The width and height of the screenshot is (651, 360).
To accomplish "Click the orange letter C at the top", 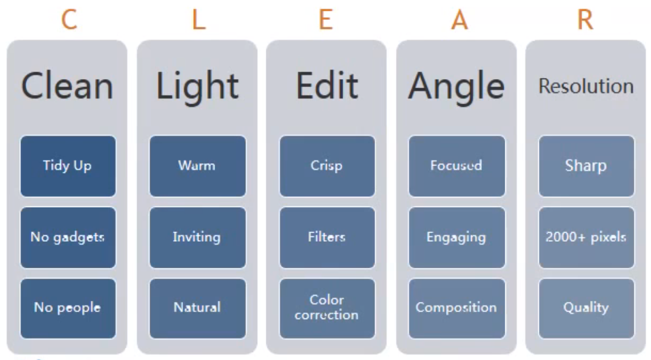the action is (x=69, y=19).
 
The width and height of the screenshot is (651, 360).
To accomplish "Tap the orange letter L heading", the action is (x=199, y=19).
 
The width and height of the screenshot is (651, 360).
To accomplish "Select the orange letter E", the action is (x=326, y=19).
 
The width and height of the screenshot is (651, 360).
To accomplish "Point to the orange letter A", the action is (x=460, y=19).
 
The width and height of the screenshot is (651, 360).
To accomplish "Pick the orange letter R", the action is (x=586, y=19).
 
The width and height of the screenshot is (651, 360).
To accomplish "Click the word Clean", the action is (x=67, y=86).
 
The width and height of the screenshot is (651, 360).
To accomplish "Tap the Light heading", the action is (x=197, y=86).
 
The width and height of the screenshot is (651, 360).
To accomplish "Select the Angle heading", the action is (x=456, y=86).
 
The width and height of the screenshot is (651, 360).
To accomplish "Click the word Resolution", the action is (x=586, y=86).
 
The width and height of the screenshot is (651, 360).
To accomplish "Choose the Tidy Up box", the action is (x=68, y=166).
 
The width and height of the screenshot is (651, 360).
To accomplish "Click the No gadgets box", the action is (x=68, y=237).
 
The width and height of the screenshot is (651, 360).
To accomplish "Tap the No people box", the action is (x=68, y=308).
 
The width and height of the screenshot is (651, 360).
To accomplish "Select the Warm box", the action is (x=197, y=166).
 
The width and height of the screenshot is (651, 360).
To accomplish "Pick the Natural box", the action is (x=197, y=308).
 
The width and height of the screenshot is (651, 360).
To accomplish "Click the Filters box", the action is (x=327, y=237).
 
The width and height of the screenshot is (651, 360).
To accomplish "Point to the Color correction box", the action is (x=327, y=308).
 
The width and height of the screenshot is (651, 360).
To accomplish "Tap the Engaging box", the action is (x=457, y=237).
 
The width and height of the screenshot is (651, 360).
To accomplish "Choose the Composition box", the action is (x=457, y=308).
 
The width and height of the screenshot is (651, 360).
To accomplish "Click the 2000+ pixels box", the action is (x=586, y=237).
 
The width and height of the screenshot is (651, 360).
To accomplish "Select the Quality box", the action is (x=586, y=308).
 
